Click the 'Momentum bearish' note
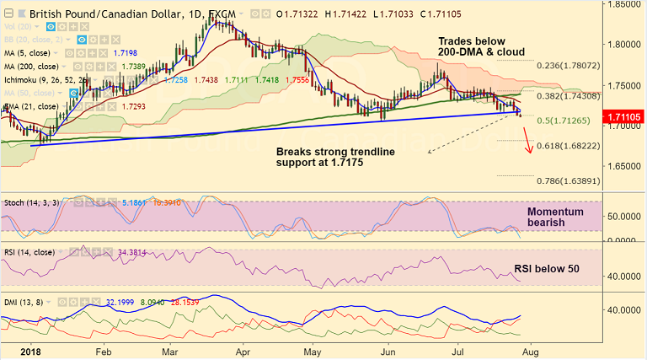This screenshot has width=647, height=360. pos(554,218)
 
